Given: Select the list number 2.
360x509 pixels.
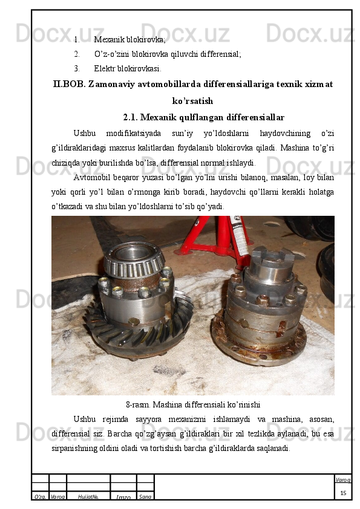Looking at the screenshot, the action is pyautogui.click(x=77, y=54).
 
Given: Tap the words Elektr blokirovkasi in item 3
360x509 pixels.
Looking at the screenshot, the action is pyautogui.click(x=128, y=69).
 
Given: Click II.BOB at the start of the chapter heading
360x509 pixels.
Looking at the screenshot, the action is pyautogui.click(x=69, y=85).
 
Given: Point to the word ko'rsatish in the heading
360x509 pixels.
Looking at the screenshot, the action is pyautogui.click(x=192, y=102).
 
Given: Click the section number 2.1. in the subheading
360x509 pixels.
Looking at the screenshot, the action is pyautogui.click(x=131, y=117).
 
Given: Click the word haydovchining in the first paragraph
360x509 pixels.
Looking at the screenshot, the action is pyautogui.click(x=285, y=134).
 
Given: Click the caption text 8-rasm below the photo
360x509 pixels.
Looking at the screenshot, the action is pyautogui.click(x=138, y=405).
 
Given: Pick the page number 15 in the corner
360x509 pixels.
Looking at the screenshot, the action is pyautogui.click(x=343, y=493).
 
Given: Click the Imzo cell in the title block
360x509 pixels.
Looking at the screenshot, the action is pyautogui.click(x=123, y=497).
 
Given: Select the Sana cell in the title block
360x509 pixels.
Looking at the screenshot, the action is pyautogui.click(x=145, y=497).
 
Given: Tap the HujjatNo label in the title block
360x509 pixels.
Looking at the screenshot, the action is pyautogui.click(x=88, y=497).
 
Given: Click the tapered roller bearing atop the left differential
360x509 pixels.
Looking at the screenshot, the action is pyautogui.click(x=134, y=261).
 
